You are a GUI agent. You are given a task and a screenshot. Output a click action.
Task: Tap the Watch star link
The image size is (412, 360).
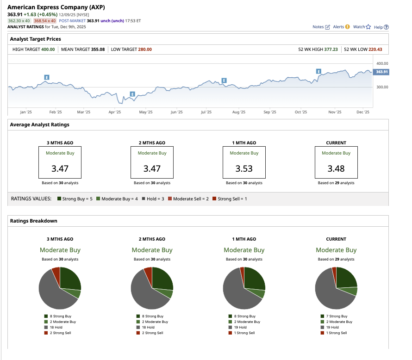click(362, 27)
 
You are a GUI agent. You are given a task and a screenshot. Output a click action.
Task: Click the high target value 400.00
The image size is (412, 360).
click(48, 50)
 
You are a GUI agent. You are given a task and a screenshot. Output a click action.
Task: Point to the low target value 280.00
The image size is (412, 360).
click(144, 50)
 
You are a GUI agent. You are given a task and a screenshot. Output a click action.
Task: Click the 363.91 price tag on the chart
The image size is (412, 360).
click(381, 72)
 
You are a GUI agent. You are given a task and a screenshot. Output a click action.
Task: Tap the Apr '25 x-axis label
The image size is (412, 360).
click(114, 112)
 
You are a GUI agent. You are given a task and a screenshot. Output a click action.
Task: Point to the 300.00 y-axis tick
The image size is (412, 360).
click(382, 87)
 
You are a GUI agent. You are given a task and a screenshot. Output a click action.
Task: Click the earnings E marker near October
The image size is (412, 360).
click(318, 71)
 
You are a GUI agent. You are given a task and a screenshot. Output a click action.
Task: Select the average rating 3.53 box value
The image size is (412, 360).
click(244, 168)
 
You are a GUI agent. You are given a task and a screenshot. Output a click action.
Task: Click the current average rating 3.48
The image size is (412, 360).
click(336, 168)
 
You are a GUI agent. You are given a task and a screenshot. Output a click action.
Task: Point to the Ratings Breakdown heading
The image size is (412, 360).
click(34, 221)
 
